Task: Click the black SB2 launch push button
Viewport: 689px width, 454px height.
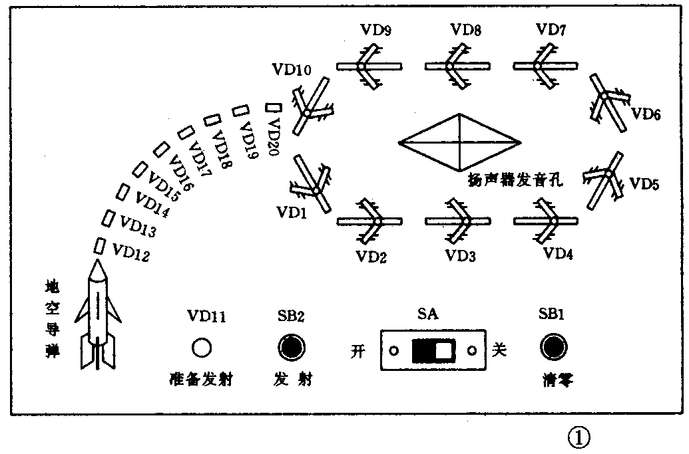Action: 292,347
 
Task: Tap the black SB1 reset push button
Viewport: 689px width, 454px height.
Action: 553,347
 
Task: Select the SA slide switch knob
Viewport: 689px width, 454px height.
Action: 433,350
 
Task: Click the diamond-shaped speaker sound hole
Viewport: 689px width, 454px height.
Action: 459,142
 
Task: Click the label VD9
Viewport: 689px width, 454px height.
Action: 375,30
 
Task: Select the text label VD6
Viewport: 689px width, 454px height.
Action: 646,114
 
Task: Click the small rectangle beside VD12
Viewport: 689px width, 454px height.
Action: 101,245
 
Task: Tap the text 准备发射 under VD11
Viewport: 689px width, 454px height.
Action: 202,381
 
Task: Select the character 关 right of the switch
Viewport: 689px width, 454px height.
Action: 499,351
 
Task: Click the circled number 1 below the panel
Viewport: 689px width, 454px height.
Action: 578,437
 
